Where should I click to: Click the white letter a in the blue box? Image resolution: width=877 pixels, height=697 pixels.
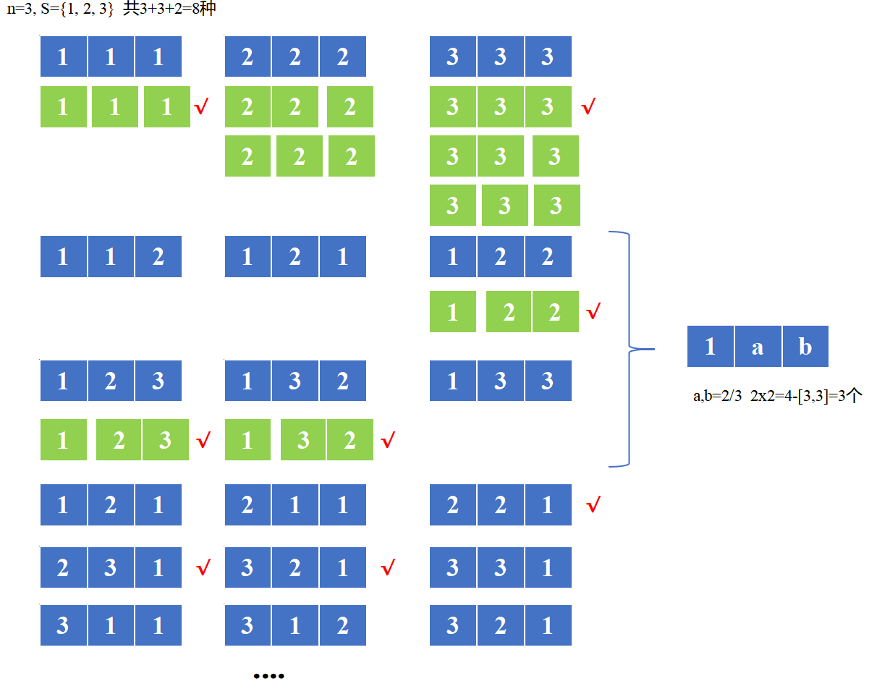(x=758, y=347)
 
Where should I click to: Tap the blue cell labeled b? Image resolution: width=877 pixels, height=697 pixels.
(x=805, y=347)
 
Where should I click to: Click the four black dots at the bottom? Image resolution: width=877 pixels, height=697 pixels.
(x=268, y=676)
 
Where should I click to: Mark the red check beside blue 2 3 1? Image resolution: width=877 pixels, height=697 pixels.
(x=203, y=567)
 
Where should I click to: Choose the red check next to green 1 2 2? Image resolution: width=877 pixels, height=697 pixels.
(x=593, y=312)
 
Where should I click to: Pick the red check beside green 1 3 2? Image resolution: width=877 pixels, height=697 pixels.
(x=388, y=439)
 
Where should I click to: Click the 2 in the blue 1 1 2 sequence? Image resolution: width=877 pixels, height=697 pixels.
(x=158, y=257)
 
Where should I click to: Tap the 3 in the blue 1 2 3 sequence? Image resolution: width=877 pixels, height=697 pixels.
(x=158, y=381)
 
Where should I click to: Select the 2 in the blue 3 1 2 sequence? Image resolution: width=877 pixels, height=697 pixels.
(x=342, y=625)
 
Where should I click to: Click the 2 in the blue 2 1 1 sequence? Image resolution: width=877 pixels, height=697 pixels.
(x=247, y=505)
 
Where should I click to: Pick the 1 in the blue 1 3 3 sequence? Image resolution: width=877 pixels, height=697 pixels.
(x=452, y=381)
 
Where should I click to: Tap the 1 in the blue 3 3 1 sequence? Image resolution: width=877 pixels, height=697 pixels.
(x=547, y=567)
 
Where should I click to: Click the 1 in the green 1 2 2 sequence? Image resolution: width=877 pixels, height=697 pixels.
(x=452, y=312)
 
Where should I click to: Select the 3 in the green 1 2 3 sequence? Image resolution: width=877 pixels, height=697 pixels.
(x=165, y=439)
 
